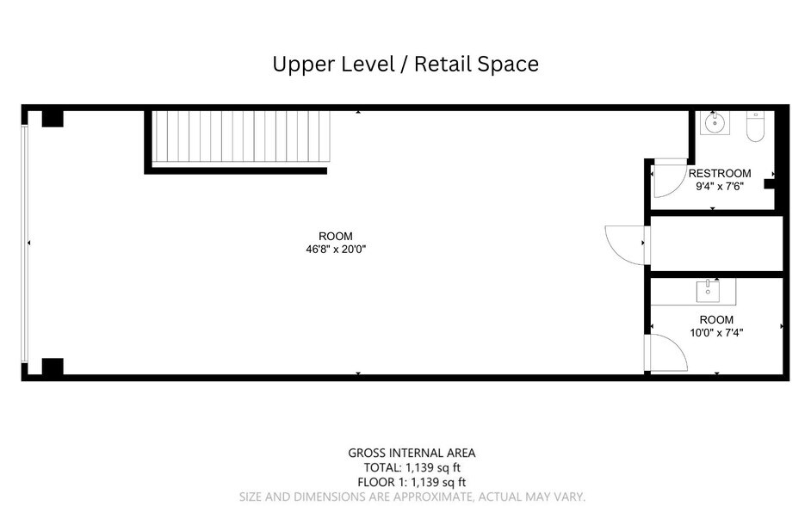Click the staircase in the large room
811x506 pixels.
pyautogui.click(x=241, y=137)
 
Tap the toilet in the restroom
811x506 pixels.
pyautogui.click(x=755, y=127)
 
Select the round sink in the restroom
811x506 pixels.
pyautogui.click(x=715, y=124)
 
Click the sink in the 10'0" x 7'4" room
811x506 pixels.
pyautogui.click(x=708, y=292)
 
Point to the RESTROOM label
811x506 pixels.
pyautogui.click(x=720, y=174)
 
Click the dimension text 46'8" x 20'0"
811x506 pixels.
pyautogui.click(x=336, y=249)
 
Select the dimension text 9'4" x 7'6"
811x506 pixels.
pyautogui.click(x=720, y=187)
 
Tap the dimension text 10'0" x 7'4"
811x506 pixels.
pyautogui.click(x=716, y=333)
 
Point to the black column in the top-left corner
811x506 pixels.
pyautogui.click(x=53, y=119)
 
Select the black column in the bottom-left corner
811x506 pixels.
pyautogui.click(x=53, y=367)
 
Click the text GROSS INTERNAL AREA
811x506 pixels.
pyautogui.click(x=412, y=454)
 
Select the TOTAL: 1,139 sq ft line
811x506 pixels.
pyautogui.click(x=412, y=468)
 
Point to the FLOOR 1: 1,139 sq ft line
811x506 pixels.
pyautogui.click(x=412, y=482)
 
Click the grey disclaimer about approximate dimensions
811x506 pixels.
pyautogui.click(x=412, y=497)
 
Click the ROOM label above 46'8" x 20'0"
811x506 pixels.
pyautogui.click(x=336, y=236)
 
